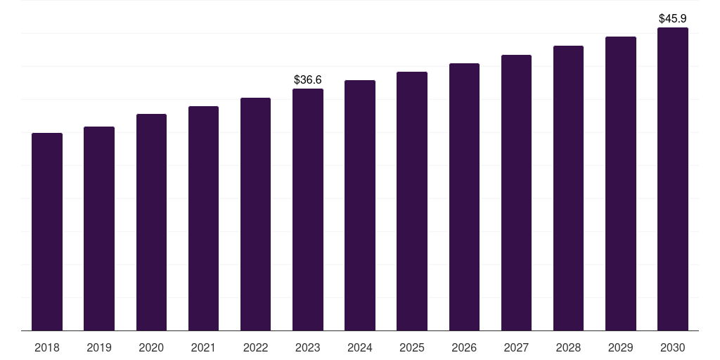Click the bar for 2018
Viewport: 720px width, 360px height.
point(47,232)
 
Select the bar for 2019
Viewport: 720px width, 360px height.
point(99,229)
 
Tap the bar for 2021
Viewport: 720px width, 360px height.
point(203,219)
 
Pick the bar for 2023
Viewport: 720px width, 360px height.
point(308,210)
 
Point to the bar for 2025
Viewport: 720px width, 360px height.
point(412,201)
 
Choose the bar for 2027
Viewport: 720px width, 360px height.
point(516,193)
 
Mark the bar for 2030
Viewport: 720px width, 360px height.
point(673,179)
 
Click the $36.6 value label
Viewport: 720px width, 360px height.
point(308,80)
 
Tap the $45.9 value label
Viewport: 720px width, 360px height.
point(673,18)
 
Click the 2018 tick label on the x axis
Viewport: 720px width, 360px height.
point(47,347)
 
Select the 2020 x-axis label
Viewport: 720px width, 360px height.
point(151,347)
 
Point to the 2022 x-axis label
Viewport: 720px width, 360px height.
point(256,347)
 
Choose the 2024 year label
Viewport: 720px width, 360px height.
point(360,347)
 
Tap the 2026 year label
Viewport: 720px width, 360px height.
point(464,347)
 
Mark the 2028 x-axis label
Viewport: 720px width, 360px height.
point(568,347)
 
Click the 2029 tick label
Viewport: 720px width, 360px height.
point(621,347)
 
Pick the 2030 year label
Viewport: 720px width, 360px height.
point(673,347)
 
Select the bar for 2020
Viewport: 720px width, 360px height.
point(151,222)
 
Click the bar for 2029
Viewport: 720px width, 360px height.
point(621,184)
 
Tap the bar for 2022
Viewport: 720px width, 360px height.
point(256,214)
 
